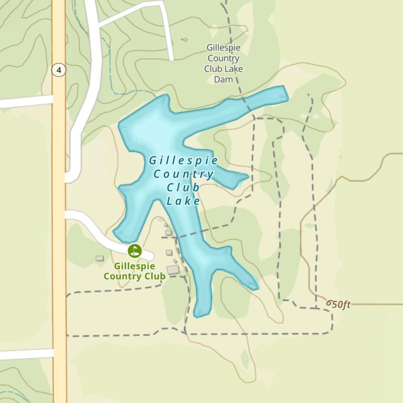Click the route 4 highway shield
[59, 70]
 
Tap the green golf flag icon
[135, 251]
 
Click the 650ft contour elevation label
[339, 304]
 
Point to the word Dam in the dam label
[223, 79]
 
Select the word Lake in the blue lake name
[184, 201]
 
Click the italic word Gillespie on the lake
[184, 161]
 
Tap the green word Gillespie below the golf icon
[135, 266]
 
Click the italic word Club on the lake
[183, 187]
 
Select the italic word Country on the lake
[184, 174]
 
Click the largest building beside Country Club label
[173, 270]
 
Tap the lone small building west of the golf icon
[100, 258]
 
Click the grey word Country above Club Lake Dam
[223, 58]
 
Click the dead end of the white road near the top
[171, 58]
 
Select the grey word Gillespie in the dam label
[223, 48]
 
